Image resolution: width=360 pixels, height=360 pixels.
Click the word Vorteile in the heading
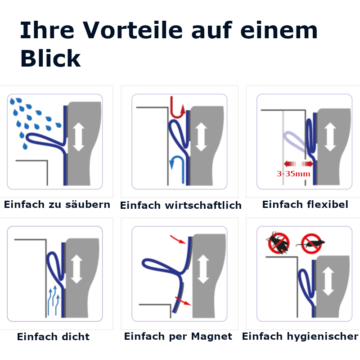[138, 30]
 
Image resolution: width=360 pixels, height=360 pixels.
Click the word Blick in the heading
[50, 58]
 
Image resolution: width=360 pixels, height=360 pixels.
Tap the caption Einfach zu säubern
[57, 205]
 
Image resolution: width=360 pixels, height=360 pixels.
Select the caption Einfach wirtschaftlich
[181, 206]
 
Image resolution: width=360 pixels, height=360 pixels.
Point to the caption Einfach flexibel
[305, 205]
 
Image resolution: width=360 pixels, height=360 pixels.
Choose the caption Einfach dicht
[53, 337]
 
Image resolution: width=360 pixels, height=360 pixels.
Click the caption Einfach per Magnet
[178, 336]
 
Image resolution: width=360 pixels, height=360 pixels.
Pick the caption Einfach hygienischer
[300, 336]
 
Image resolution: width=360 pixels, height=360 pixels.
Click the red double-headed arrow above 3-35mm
[298, 163]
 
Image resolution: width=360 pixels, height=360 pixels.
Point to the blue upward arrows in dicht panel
[53, 299]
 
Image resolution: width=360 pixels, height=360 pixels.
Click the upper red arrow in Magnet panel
[178, 238]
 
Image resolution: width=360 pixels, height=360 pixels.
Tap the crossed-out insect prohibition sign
[278, 243]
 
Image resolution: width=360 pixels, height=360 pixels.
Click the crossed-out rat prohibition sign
[311, 243]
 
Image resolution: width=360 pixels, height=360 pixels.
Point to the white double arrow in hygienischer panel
[328, 281]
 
